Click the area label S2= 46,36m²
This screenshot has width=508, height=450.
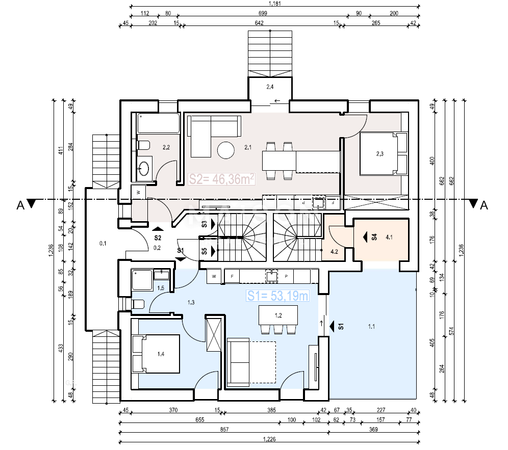[x=222, y=179]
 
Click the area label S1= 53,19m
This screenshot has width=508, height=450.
[x=277, y=296]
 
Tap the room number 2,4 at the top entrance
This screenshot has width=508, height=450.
[x=270, y=87]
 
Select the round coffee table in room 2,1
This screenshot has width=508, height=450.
[x=225, y=150]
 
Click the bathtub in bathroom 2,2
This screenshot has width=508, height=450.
[x=159, y=123]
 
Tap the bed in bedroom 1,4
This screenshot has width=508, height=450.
[x=156, y=353]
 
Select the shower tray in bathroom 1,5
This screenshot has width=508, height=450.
[x=142, y=279]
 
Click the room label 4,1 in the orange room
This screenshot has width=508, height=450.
[x=389, y=237]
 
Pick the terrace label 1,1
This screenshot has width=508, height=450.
[x=371, y=327]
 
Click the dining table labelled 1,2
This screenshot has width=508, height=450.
[x=278, y=315]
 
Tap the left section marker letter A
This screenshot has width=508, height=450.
[x=20, y=205]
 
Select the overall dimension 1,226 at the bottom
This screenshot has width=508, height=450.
[x=270, y=439]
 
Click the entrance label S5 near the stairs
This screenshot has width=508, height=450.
[x=204, y=251]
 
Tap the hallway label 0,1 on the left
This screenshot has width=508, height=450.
[x=103, y=244]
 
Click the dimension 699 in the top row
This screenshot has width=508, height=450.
[x=263, y=14]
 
